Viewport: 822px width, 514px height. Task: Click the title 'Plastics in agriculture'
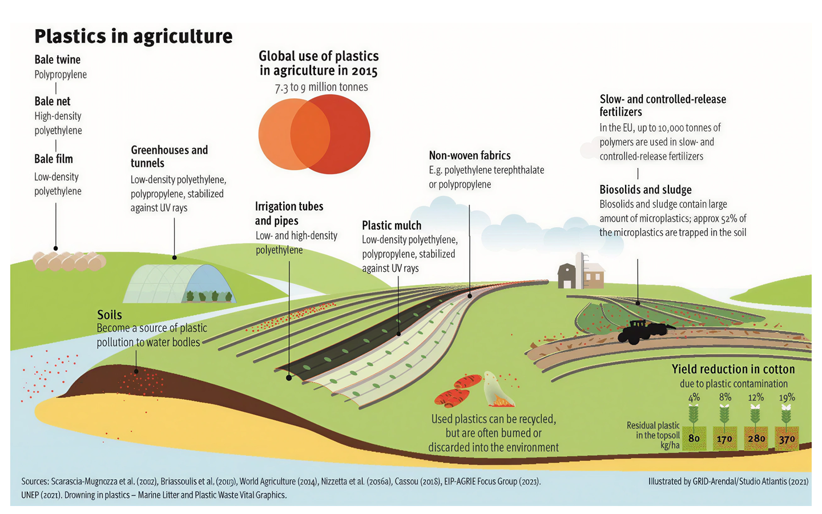click(134, 37)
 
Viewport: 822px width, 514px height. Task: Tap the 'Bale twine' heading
click(57, 59)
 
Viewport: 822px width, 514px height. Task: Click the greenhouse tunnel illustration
click(179, 283)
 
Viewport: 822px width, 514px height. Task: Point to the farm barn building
click(581, 272)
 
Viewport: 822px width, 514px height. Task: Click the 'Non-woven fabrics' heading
click(470, 156)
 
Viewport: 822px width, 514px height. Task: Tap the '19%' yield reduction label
click(787, 397)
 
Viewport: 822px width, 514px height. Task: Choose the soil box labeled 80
click(694, 438)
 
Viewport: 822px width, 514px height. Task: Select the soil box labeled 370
click(787, 438)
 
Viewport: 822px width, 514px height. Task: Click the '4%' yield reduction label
click(694, 397)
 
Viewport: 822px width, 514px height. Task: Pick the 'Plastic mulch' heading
click(392, 226)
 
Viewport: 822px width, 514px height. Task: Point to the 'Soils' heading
click(110, 315)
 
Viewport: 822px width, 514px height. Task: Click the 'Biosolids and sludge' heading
click(646, 190)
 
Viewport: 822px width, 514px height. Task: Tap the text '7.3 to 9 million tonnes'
click(321, 87)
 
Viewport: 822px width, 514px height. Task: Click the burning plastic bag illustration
click(498, 389)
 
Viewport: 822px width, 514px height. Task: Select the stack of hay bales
click(70, 261)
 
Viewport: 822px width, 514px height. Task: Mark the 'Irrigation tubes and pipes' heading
click(289, 214)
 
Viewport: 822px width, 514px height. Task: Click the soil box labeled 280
click(756, 438)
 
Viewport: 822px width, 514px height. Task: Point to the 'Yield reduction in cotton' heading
click(733, 369)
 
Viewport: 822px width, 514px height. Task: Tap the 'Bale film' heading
click(54, 159)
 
